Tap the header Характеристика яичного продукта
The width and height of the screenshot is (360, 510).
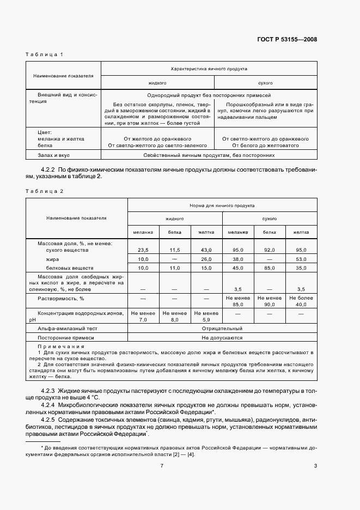point(209,69)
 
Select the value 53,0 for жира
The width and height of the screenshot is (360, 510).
point(301,259)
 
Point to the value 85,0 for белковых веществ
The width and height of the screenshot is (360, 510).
point(270,268)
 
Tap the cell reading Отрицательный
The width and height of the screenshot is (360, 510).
point(222,329)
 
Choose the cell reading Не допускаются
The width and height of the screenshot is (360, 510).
point(222,338)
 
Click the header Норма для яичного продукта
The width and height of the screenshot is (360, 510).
point(222,205)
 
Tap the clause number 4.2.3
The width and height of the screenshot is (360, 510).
point(49,391)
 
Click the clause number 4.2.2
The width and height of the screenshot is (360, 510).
point(49,169)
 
